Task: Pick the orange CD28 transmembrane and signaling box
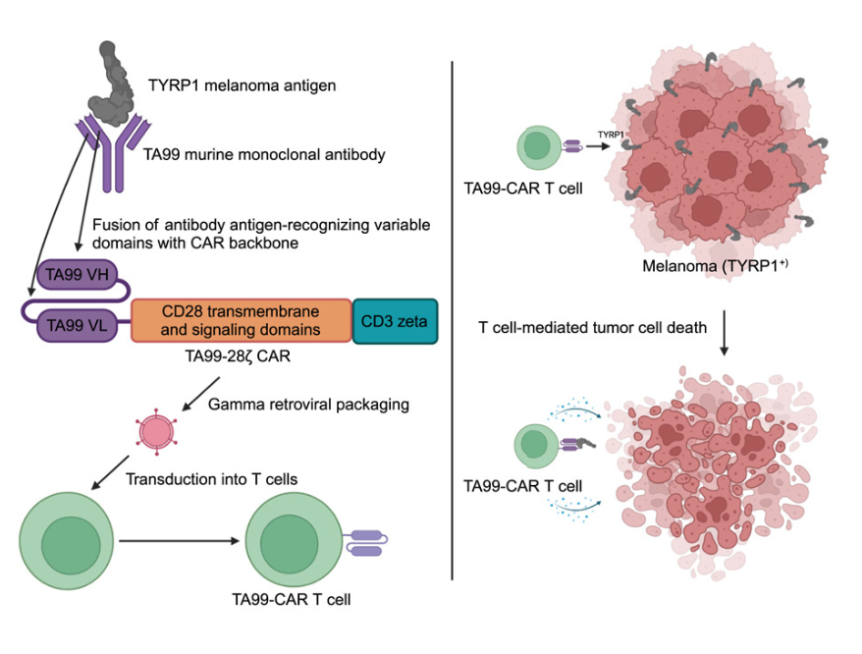pyautogui.click(x=242, y=321)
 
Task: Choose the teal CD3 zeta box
pyautogui.click(x=394, y=321)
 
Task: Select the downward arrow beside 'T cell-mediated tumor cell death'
pyautogui.click(x=724, y=334)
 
